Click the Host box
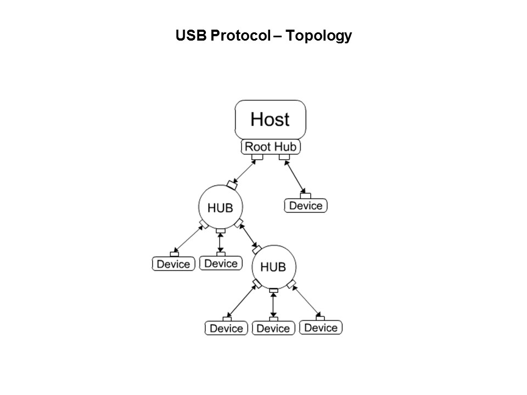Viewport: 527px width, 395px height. tap(270, 120)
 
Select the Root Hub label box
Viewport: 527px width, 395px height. tap(270, 147)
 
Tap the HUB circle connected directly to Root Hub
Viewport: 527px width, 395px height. tap(220, 207)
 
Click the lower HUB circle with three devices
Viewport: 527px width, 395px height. tap(273, 267)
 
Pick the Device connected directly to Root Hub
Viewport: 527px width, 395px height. tap(305, 206)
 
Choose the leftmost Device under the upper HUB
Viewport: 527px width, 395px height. tap(173, 264)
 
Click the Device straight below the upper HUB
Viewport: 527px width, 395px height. tap(220, 263)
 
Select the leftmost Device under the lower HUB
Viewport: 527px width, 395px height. tap(226, 328)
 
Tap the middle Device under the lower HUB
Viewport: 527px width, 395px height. tap(273, 328)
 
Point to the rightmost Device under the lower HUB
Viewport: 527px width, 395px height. tap(321, 328)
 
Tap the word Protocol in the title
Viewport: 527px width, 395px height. tap(237, 36)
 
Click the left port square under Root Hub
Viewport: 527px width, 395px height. tap(257, 157)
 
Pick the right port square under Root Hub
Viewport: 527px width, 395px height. tap(284, 157)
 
